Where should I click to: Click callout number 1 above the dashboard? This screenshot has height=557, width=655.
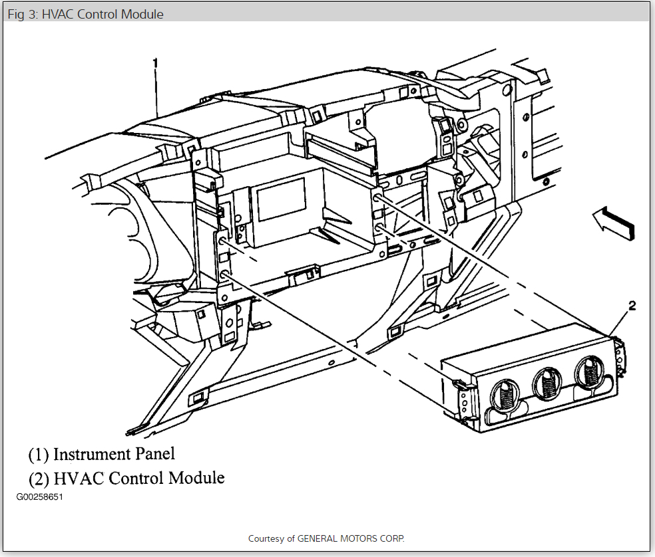click(156, 63)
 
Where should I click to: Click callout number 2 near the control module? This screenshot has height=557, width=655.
click(632, 306)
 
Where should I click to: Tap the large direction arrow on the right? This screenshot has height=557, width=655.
click(613, 223)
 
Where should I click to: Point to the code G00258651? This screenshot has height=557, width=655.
click(40, 497)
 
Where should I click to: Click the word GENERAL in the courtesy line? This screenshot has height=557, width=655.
click(319, 538)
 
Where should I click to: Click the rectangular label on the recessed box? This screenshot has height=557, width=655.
click(281, 203)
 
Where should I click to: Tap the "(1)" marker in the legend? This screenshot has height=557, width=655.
click(38, 455)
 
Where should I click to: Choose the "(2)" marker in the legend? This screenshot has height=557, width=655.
click(38, 478)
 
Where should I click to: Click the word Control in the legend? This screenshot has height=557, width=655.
click(137, 478)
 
